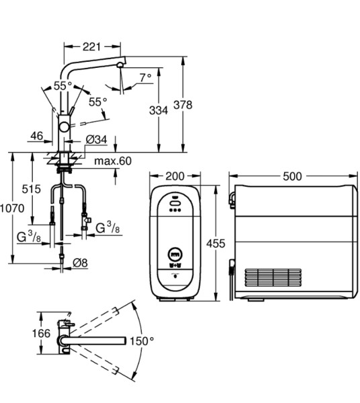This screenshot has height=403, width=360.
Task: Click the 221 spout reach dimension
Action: tap(91, 47)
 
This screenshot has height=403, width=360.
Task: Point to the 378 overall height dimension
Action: tap(183, 105)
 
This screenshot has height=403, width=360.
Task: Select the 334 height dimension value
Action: tap(159, 111)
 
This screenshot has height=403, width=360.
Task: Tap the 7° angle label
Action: tap(146, 77)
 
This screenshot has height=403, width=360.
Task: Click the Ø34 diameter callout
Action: tap(96, 140)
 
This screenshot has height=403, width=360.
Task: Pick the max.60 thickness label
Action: tap(113, 161)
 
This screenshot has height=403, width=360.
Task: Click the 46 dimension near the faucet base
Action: tap(37, 136)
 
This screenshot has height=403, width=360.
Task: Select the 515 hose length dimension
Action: tap(32, 189)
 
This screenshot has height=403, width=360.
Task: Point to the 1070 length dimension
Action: tap(12, 208)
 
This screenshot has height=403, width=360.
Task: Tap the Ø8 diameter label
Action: tap(80, 263)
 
